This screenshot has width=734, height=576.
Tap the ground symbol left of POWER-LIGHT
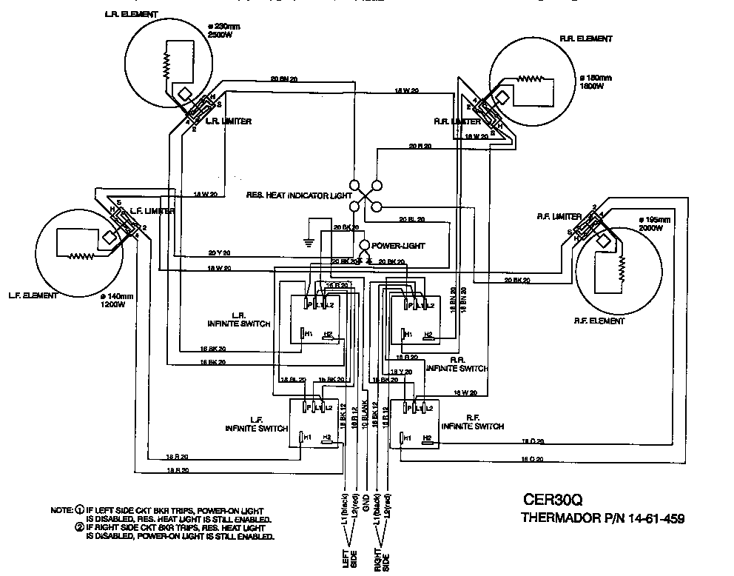coord(309,241)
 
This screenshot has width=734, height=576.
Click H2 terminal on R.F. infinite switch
coord(427,438)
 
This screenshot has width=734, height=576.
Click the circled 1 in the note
coord(79,511)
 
